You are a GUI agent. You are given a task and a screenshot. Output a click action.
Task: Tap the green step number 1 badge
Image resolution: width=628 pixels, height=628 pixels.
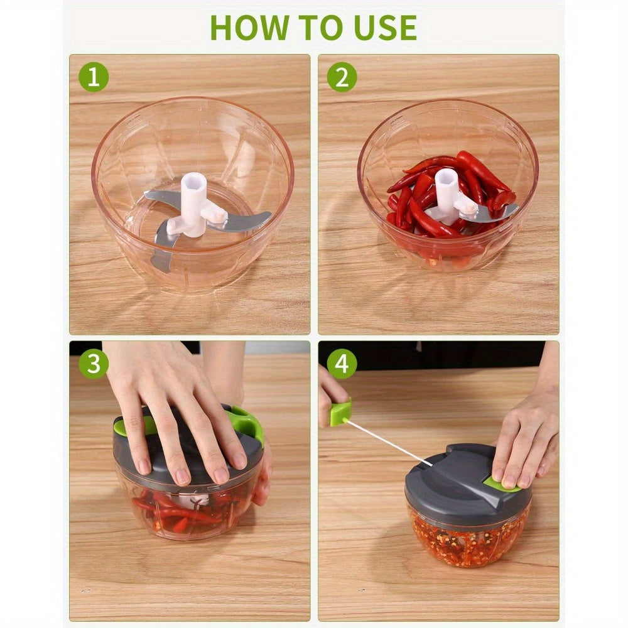(x=94, y=78)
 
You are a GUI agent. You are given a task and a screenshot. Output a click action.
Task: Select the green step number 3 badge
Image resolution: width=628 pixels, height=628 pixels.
(x=94, y=365)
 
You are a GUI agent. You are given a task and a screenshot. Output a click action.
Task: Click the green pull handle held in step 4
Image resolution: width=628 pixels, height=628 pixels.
(x=340, y=413)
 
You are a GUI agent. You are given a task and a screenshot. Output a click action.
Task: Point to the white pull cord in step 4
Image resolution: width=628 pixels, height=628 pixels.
(x=389, y=443)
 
